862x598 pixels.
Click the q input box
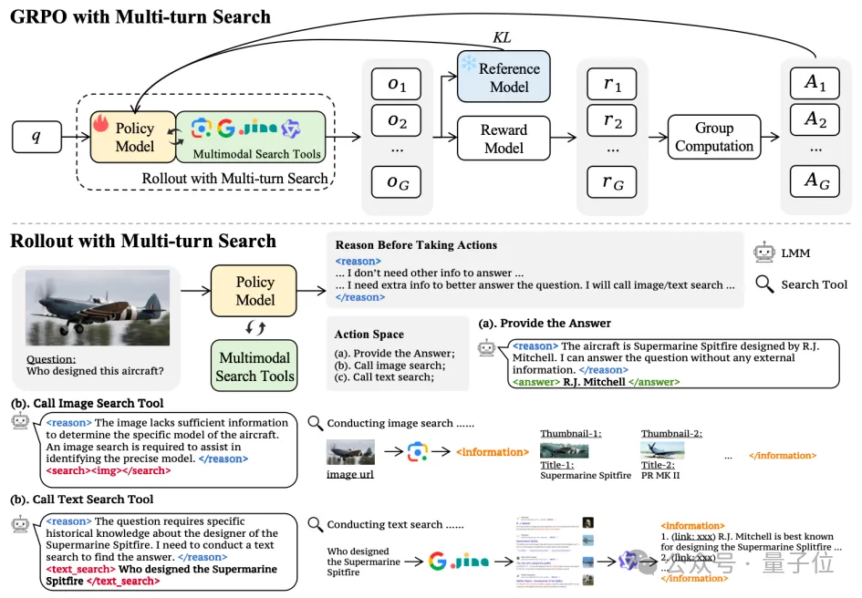tap(37, 138)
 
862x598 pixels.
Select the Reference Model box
tap(504, 77)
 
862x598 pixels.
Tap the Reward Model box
tap(504, 139)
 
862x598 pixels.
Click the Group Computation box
tap(713, 138)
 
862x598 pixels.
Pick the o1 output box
tap(397, 85)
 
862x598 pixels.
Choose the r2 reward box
tap(612, 120)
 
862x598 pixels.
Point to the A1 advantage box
tap(815, 85)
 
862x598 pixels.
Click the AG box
tap(815, 181)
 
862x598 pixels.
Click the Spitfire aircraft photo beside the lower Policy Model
tap(98, 306)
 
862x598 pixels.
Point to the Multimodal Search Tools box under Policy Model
tap(254, 366)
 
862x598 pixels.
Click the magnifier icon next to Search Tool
tap(763, 284)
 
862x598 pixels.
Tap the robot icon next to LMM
tap(763, 253)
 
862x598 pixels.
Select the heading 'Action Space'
tap(369, 335)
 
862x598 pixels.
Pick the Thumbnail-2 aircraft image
tap(663, 449)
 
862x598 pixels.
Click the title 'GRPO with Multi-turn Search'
tap(140, 16)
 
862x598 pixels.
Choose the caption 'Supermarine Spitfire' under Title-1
tap(586, 475)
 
